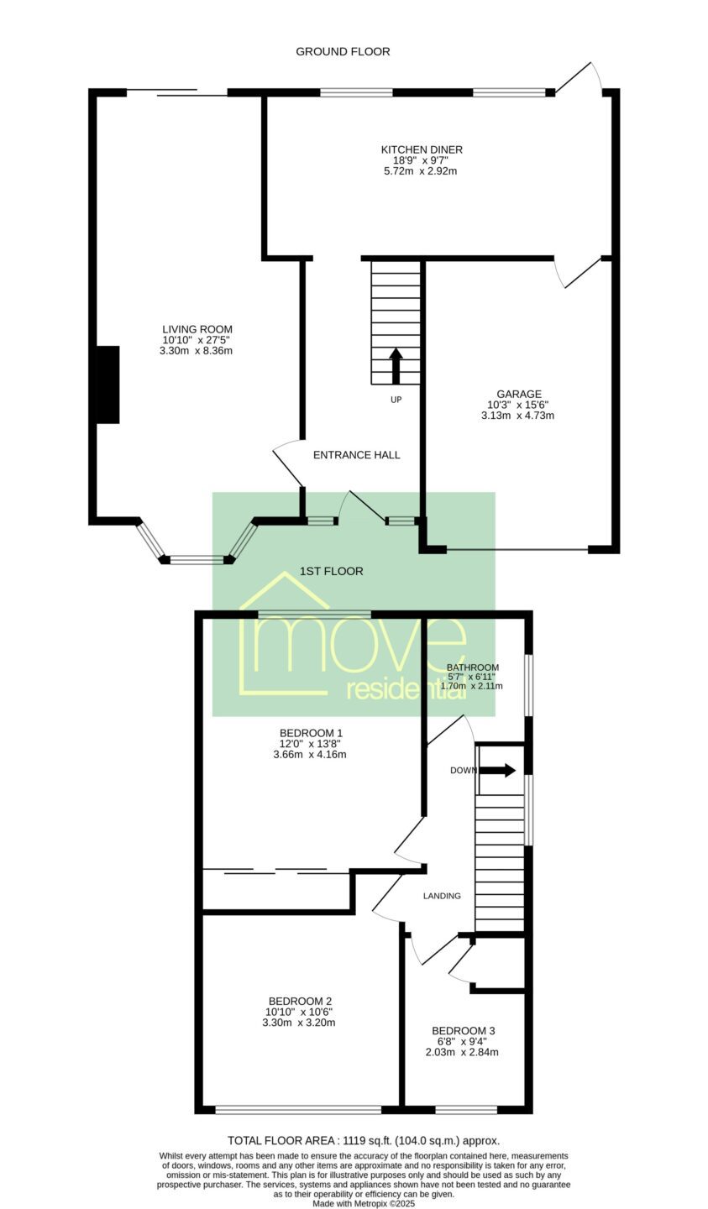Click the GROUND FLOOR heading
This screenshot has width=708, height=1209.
click(x=343, y=52)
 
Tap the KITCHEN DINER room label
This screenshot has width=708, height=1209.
click(x=422, y=149)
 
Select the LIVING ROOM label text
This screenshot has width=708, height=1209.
click(x=197, y=329)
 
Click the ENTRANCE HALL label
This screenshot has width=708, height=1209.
click(x=357, y=455)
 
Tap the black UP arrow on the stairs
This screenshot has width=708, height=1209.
click(x=396, y=366)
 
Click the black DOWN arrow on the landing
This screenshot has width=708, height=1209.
click(x=497, y=770)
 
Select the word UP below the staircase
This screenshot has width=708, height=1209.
click(x=396, y=400)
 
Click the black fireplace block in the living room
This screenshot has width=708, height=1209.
click(x=108, y=385)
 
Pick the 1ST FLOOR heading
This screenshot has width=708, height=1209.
click(x=331, y=571)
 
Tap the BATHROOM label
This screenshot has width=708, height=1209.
click(x=473, y=667)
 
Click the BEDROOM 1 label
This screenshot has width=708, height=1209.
click(x=311, y=733)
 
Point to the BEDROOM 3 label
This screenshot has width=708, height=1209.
click(x=464, y=1031)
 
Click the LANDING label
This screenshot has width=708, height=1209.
click(x=442, y=896)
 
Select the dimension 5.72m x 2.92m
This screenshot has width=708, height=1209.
click(x=420, y=171)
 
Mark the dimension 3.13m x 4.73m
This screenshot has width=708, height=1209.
click(x=517, y=416)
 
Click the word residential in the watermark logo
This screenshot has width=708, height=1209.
click(x=406, y=690)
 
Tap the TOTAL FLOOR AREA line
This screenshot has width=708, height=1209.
click(x=364, y=1141)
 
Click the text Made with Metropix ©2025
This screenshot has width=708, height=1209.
click(x=364, y=1204)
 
